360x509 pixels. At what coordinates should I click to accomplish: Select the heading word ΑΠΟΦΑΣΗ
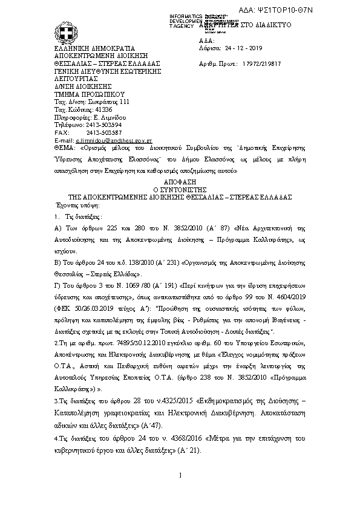point(180,181)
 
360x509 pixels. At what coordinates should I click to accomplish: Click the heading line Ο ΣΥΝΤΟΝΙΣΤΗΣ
point(180,189)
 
